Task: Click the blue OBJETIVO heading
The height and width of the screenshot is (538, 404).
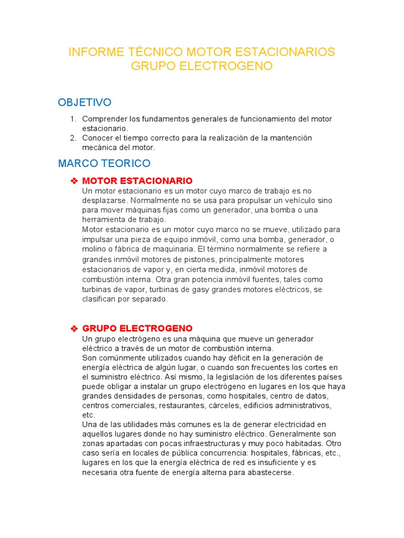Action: click(x=85, y=101)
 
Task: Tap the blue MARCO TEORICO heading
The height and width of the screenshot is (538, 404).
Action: click(x=104, y=163)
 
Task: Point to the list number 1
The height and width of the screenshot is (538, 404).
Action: click(x=73, y=119)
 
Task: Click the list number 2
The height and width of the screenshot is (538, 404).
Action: click(x=73, y=138)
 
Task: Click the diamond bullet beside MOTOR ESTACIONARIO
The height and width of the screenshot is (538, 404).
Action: click(x=74, y=181)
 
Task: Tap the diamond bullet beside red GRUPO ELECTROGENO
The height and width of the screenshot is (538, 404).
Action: click(x=74, y=328)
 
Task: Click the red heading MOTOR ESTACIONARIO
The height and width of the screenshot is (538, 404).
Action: click(x=137, y=181)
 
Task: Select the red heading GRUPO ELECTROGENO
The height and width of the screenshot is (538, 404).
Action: click(x=137, y=328)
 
